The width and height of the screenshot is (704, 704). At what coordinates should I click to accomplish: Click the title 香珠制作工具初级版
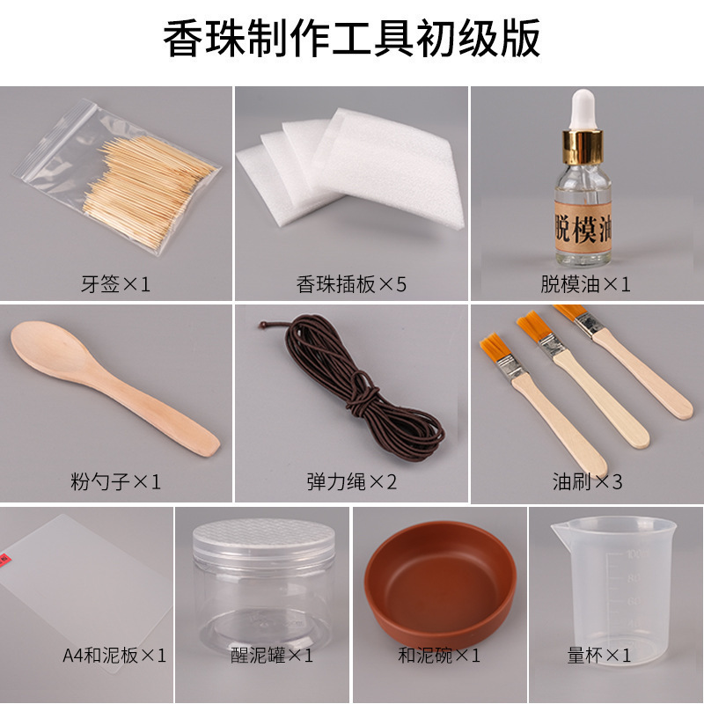click(352, 40)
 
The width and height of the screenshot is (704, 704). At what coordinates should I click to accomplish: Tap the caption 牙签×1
click(115, 284)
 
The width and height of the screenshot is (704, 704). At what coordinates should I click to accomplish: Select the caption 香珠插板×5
click(351, 284)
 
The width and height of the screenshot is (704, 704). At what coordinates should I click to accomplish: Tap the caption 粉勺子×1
click(115, 482)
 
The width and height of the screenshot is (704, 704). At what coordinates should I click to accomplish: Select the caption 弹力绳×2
click(351, 482)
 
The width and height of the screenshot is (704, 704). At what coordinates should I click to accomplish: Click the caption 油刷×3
click(587, 482)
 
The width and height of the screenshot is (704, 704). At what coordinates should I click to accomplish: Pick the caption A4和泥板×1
click(114, 656)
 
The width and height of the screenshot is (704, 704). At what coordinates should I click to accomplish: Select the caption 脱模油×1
click(587, 284)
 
